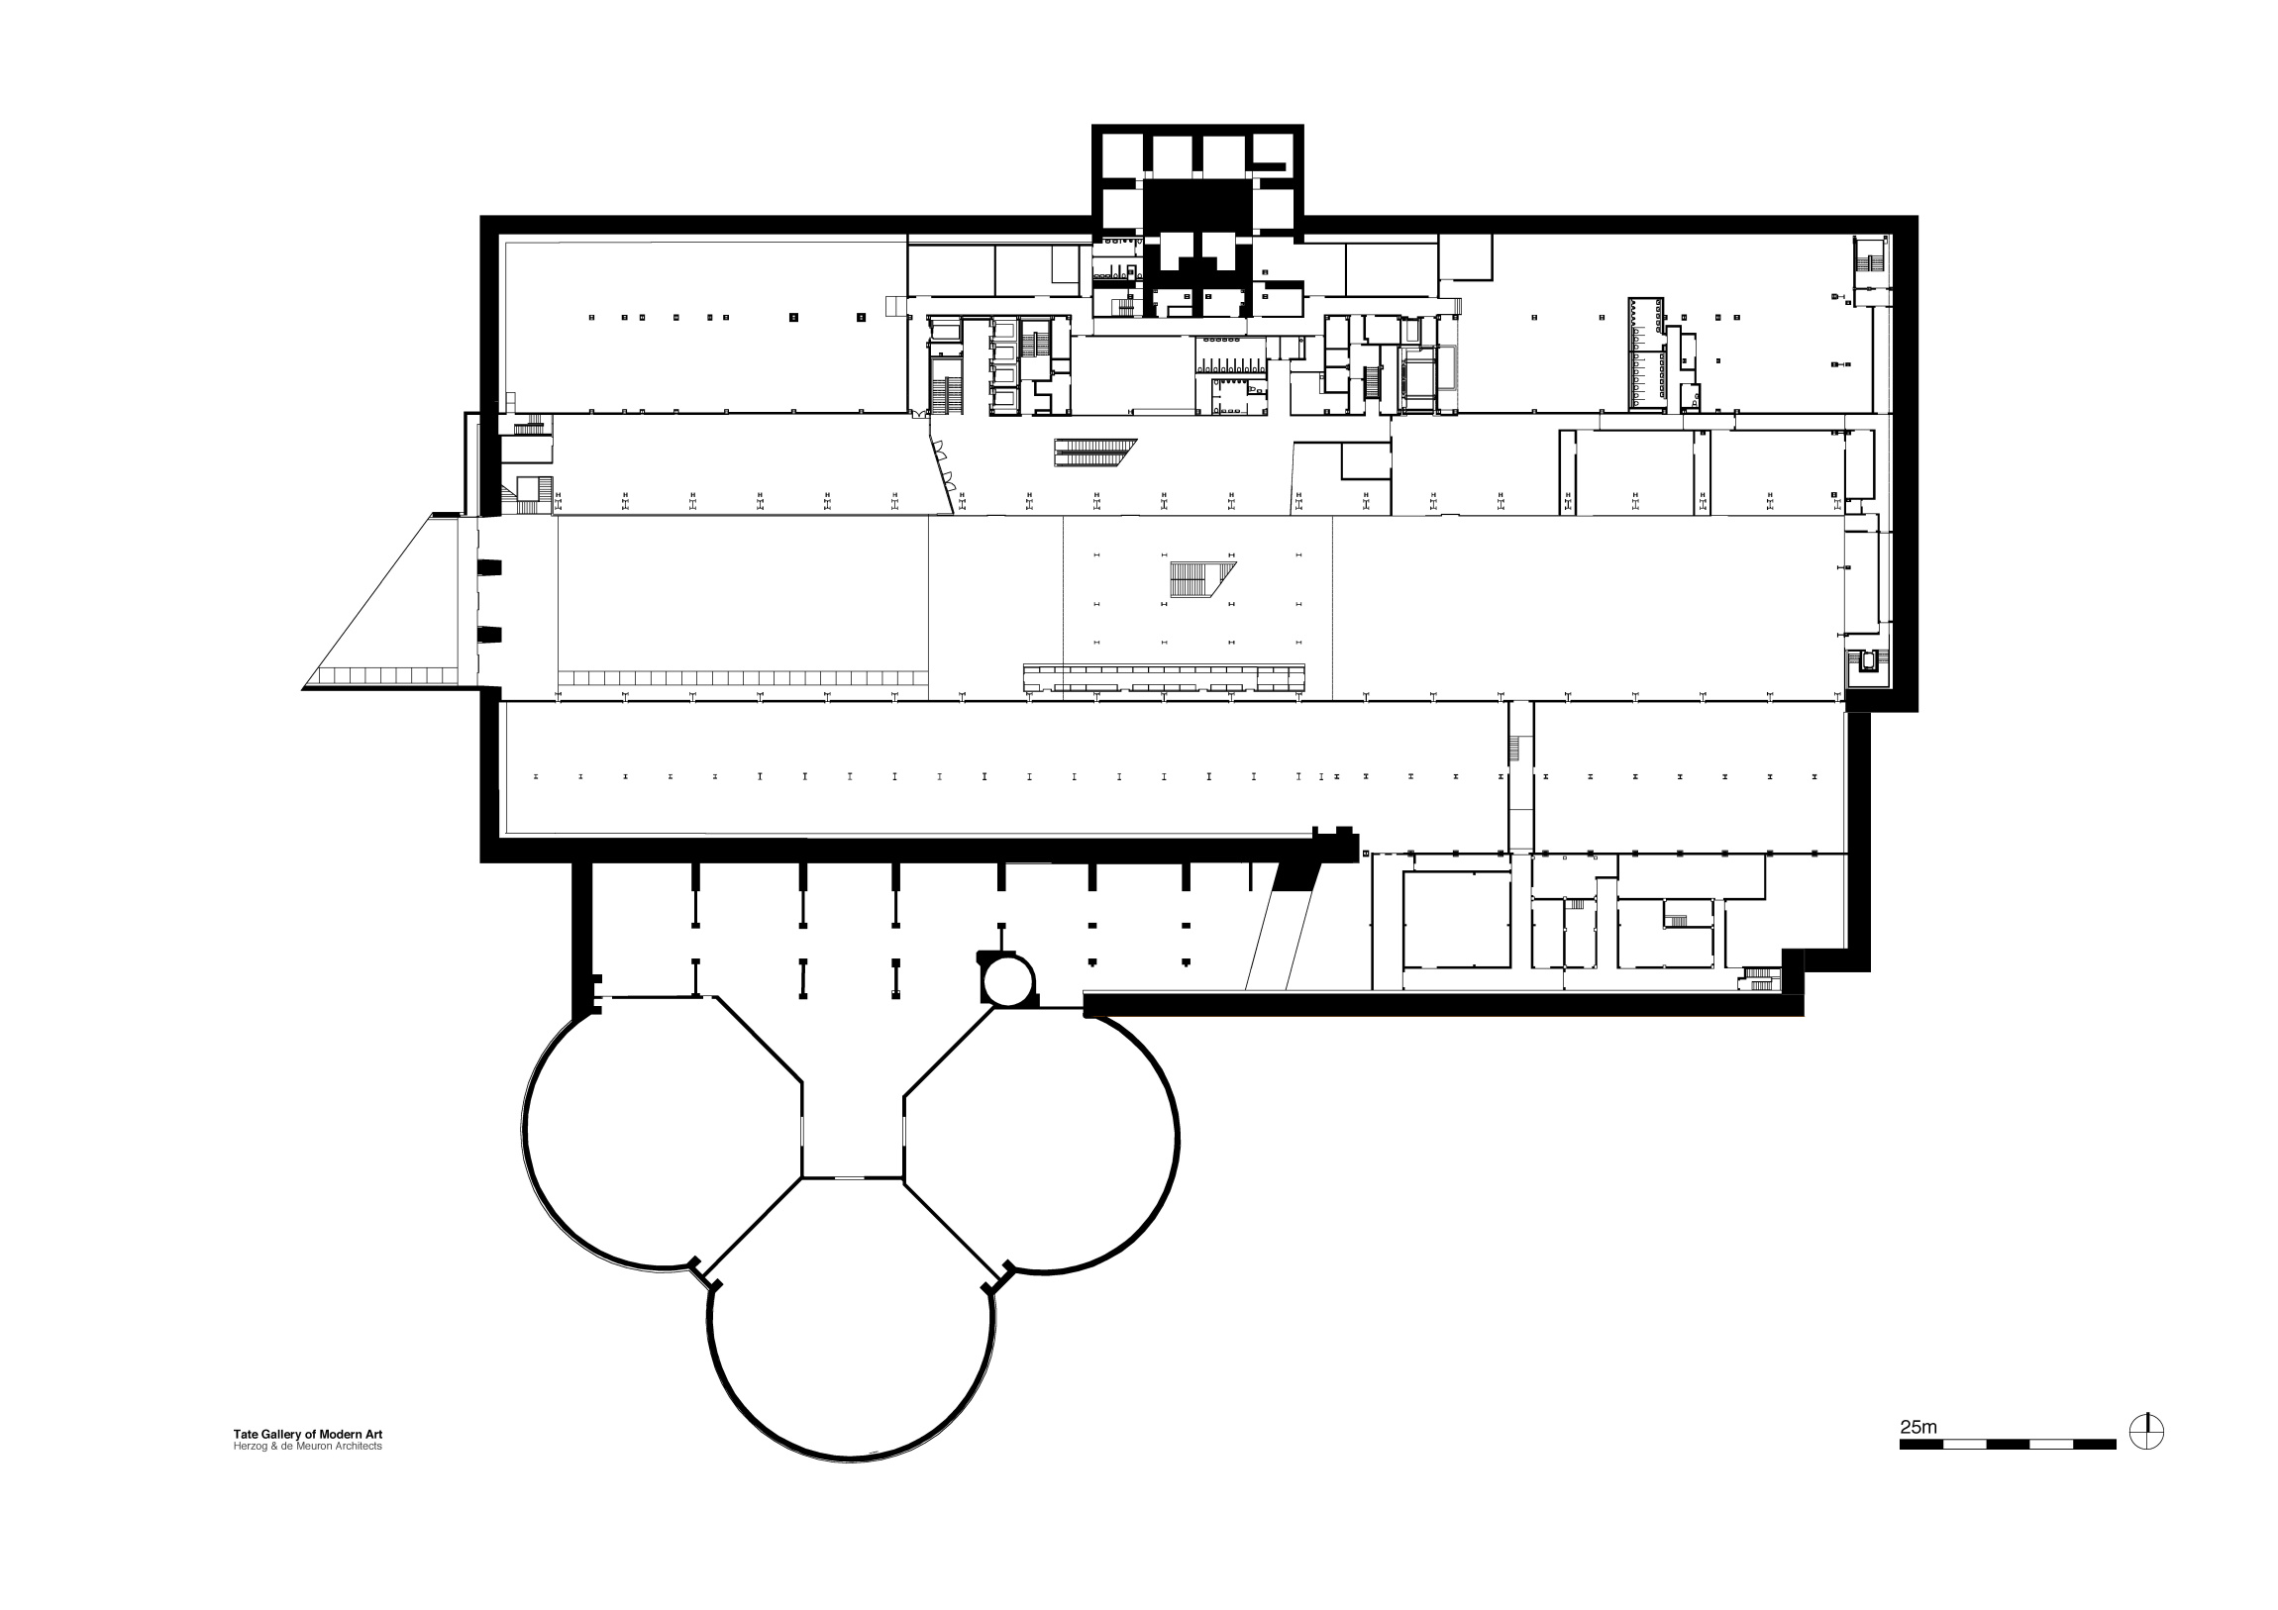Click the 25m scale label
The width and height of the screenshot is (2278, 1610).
pos(1917,1428)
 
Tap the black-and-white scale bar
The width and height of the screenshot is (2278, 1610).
pos(2008,1445)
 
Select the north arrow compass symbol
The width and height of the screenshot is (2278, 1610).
pos(2147,1433)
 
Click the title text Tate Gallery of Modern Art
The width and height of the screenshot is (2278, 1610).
pos(308,1435)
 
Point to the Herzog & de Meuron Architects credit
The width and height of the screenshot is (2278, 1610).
pos(308,1447)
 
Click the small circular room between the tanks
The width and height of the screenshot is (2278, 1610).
pos(1009,980)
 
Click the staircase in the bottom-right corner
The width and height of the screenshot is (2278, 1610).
pos(1760,978)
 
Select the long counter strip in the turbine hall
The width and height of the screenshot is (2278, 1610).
pos(1165,678)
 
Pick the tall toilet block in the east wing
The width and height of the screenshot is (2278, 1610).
pos(1646,352)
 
